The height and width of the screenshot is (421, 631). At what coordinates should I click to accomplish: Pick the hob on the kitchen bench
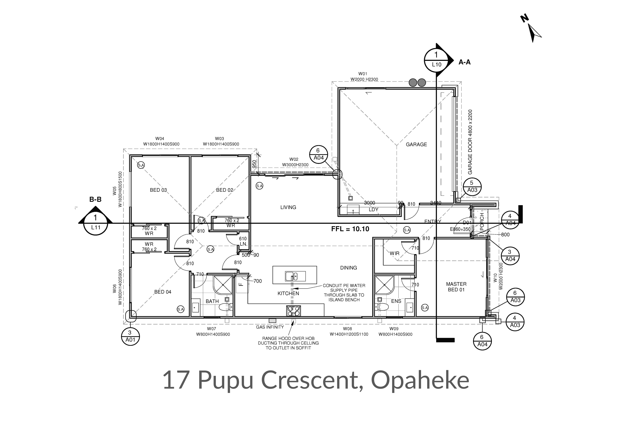[x=293, y=311]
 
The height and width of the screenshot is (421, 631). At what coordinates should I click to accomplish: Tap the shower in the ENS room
[x=384, y=285]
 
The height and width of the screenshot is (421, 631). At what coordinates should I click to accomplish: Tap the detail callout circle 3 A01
[x=130, y=336]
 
